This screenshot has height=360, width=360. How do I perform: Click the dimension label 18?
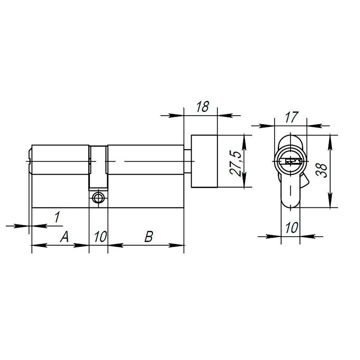[203, 107]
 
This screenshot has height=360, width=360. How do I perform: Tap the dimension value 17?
[291, 117]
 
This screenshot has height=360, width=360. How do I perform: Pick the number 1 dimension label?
[57, 217]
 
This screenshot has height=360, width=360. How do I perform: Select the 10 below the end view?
[291, 228]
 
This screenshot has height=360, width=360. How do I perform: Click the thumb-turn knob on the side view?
[204, 161]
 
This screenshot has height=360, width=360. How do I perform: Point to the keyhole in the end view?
[291, 161]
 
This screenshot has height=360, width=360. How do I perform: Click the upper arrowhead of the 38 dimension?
[330, 141]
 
